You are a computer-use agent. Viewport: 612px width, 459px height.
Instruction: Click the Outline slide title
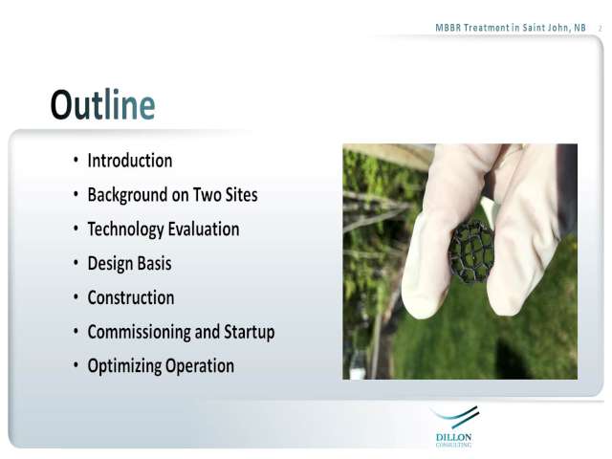(102, 104)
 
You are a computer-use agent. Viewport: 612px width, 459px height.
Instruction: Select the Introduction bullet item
(130, 161)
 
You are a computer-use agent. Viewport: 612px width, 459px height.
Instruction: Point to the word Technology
(125, 229)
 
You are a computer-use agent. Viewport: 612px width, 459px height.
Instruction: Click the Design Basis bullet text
(130, 264)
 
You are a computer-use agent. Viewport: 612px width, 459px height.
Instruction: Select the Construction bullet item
(131, 297)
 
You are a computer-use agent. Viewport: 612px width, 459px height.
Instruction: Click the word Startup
(249, 332)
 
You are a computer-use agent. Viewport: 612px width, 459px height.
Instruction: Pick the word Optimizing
(124, 366)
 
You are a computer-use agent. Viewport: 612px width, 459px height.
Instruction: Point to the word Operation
(200, 366)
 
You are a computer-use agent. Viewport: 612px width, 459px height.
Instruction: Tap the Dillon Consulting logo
(454, 427)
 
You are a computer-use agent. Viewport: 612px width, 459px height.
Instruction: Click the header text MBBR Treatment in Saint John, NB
(511, 28)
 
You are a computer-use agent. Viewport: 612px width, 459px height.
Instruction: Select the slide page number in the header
(601, 29)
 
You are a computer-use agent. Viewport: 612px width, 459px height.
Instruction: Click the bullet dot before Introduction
(76, 160)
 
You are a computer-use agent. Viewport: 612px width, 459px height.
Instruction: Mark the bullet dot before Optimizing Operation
(76, 365)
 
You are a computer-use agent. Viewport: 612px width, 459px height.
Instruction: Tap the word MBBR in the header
(448, 28)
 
